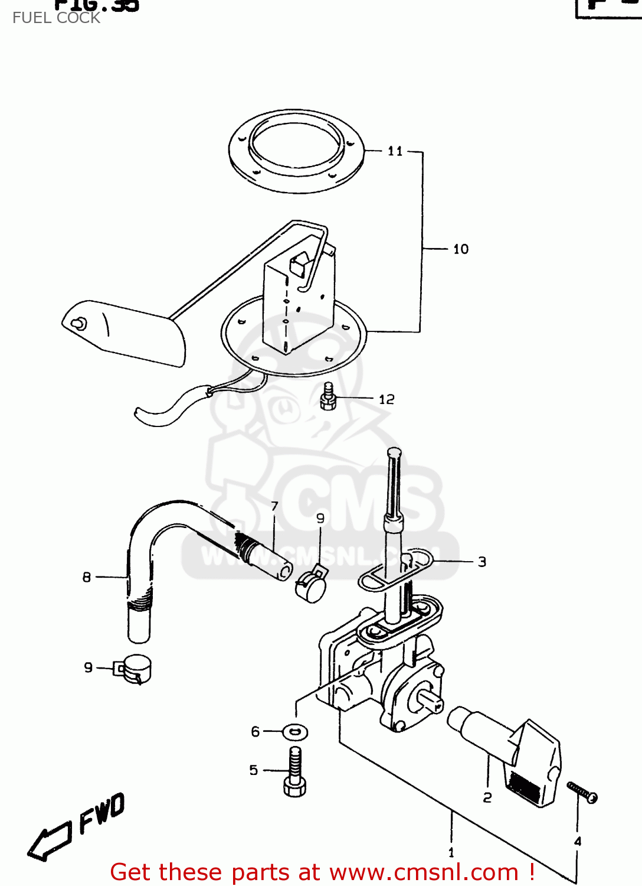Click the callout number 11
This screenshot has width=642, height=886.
click(x=395, y=151)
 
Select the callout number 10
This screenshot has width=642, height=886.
click(x=461, y=249)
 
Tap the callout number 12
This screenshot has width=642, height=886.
click(x=386, y=399)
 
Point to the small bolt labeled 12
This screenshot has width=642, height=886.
click(x=328, y=398)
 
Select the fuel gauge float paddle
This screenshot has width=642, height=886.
click(x=124, y=334)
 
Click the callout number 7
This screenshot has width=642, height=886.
click(x=274, y=506)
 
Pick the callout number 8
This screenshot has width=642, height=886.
click(x=87, y=577)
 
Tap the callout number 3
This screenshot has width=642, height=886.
click(x=482, y=562)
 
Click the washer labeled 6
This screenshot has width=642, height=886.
click(x=295, y=732)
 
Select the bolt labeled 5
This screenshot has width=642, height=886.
click(x=295, y=771)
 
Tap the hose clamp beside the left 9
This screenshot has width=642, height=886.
click(x=135, y=670)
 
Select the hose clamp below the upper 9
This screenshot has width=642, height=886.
click(x=311, y=586)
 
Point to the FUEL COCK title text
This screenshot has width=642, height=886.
click(x=56, y=18)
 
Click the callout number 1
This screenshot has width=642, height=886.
click(x=451, y=852)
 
